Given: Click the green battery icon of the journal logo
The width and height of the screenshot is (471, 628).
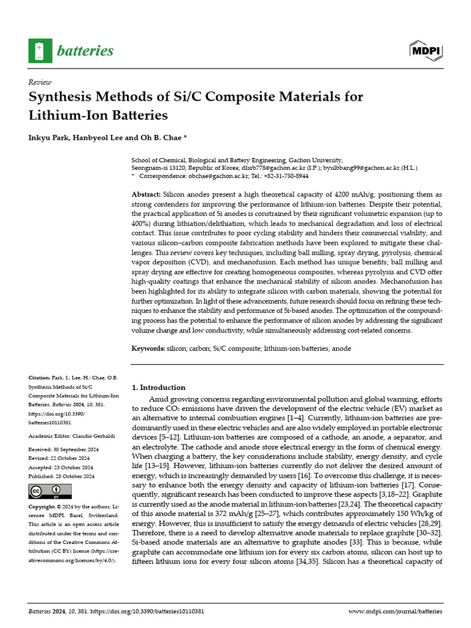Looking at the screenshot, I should pos(40,50).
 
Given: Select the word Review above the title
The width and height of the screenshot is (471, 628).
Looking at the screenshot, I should pos(39,82).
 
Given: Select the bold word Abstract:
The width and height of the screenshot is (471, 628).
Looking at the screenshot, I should pos(146,194).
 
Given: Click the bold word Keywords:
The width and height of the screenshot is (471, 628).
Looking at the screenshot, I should pos(148,348).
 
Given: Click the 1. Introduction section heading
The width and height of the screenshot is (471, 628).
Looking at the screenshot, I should pos(159,388).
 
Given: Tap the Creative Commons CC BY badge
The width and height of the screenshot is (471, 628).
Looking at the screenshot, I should pos(50,491).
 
